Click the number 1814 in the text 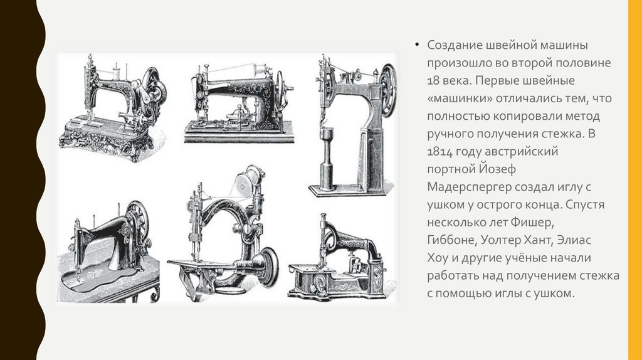coord(441,152)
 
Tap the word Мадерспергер coord(469,187)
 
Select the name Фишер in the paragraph coord(532,223)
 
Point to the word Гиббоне coord(452,240)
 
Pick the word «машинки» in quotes coord(460,98)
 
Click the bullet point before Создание coord(416,45)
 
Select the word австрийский coord(521,152)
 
